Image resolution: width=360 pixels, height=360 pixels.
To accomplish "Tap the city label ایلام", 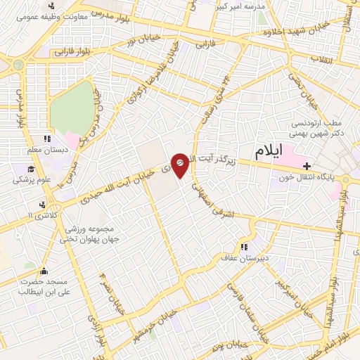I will click(x=270, y=151).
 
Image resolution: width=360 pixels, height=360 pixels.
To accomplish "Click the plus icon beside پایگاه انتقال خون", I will click(x=307, y=166).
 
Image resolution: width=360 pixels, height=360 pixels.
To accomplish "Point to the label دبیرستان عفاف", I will click(x=258, y=259).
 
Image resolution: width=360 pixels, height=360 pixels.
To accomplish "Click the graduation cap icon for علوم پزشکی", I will click(x=30, y=169).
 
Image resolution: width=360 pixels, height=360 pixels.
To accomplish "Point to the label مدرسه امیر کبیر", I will click(x=243, y=6).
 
